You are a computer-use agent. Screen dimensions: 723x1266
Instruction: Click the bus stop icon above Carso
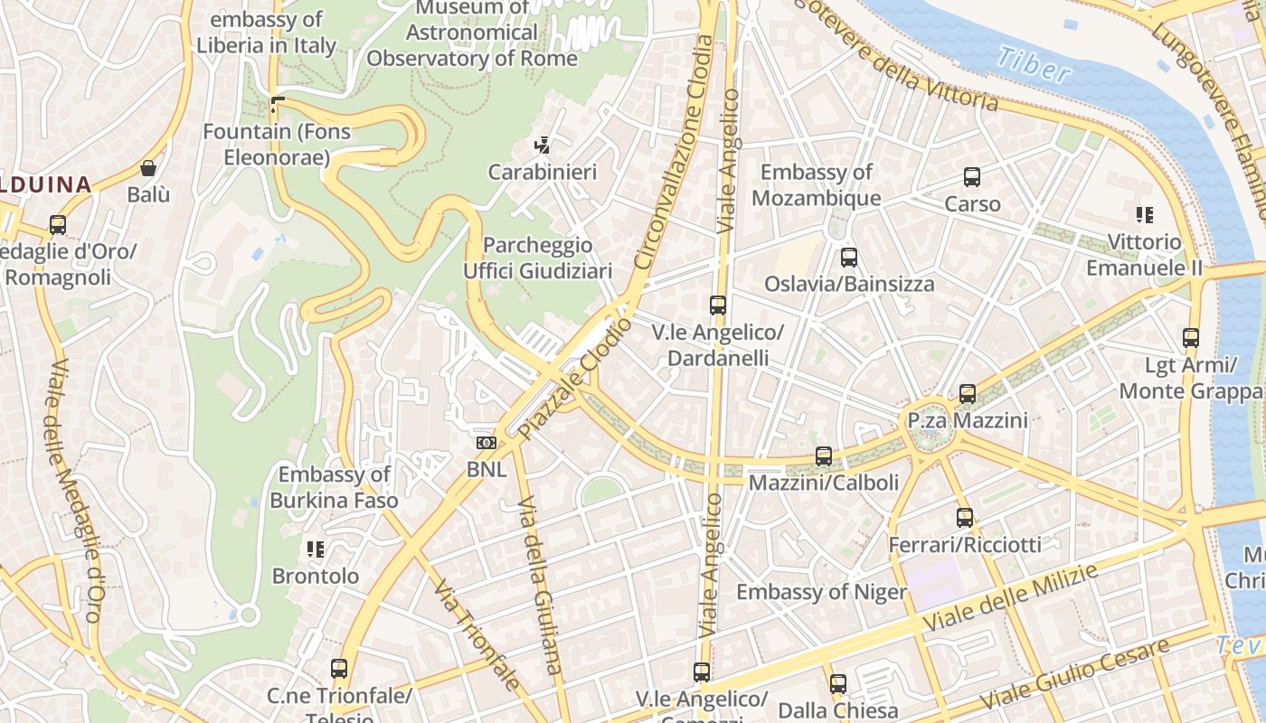pos(972,177)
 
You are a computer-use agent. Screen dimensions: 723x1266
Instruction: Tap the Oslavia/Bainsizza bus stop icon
pos(848,258)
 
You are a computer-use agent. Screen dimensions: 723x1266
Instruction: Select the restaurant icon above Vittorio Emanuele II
pos(1145,215)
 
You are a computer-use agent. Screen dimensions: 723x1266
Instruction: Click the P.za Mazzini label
pos(968,420)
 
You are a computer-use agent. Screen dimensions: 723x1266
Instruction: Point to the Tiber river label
pos(1033,65)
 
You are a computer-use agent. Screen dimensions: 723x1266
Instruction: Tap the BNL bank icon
pos(487,443)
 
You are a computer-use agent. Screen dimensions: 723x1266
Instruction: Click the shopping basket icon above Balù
pos(148,168)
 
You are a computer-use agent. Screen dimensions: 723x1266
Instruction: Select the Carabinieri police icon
pos(543,145)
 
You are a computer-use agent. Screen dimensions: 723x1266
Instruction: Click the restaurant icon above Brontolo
pos(316,549)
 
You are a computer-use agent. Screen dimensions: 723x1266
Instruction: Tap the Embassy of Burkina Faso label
pos(334,487)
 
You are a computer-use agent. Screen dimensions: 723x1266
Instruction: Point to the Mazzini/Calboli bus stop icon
pos(824,456)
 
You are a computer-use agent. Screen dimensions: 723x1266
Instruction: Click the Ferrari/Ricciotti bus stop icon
pos(965,518)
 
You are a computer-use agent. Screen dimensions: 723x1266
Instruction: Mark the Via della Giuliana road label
pos(540,587)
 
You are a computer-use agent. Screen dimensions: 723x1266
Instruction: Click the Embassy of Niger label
pos(821,592)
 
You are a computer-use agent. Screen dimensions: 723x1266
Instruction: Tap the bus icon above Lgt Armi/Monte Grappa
pos(1191,338)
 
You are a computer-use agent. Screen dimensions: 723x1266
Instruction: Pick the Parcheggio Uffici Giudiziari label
pos(537,258)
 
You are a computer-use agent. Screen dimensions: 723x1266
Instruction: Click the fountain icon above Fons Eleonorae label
pos(277,105)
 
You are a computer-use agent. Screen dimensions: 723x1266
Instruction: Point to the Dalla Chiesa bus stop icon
pos(838,684)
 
